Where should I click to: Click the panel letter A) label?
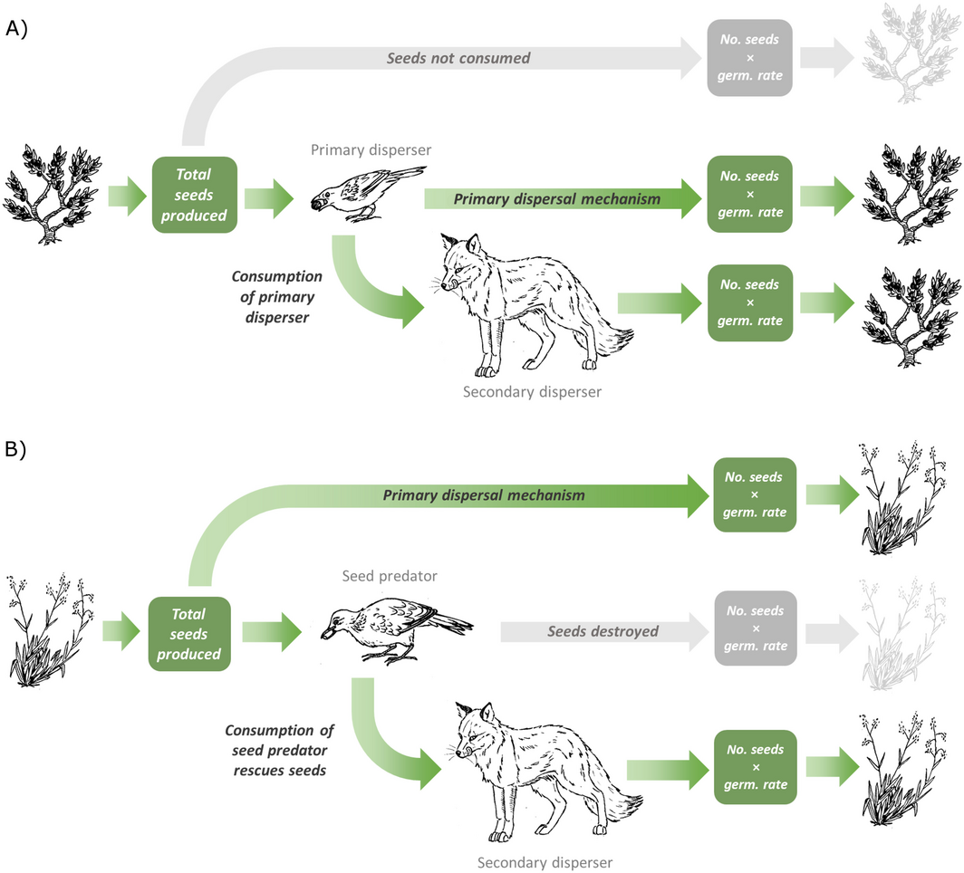[x=16, y=28]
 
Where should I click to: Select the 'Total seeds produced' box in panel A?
[x=194, y=195]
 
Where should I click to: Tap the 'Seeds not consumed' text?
[x=458, y=59]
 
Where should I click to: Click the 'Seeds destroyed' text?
[x=602, y=631]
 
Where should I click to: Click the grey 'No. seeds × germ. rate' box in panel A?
[x=749, y=59]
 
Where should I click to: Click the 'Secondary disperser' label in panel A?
[x=532, y=392]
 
